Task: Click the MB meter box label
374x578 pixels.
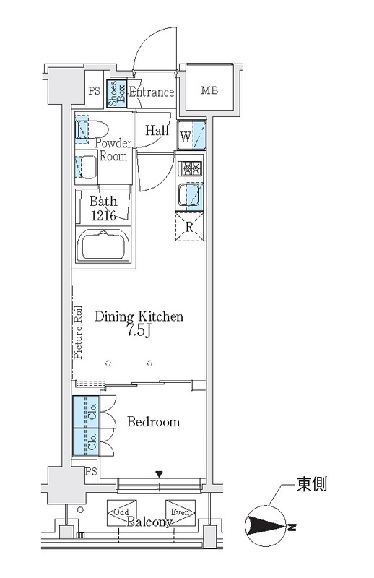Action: point(209,90)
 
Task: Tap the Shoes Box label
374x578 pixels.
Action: point(117,94)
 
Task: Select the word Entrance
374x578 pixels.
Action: point(152,92)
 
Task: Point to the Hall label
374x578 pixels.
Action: point(157,130)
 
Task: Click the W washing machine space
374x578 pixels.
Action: point(191,135)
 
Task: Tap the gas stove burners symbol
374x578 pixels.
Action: point(191,168)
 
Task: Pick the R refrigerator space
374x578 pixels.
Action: point(190,227)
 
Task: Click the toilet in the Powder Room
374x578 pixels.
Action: point(92,129)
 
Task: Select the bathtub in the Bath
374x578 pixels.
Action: point(103,244)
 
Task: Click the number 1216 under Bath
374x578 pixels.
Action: point(103,215)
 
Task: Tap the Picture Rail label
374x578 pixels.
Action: point(78,332)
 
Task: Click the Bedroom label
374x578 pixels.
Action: point(153,421)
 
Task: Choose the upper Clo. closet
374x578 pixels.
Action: point(86,412)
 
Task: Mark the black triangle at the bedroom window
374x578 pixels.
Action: point(159,474)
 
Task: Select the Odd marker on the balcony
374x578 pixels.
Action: point(121,513)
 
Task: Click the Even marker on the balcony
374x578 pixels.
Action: point(181,512)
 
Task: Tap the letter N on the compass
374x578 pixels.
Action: point(292,527)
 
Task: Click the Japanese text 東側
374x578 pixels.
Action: point(312,483)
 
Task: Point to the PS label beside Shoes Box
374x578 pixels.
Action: point(95,91)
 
